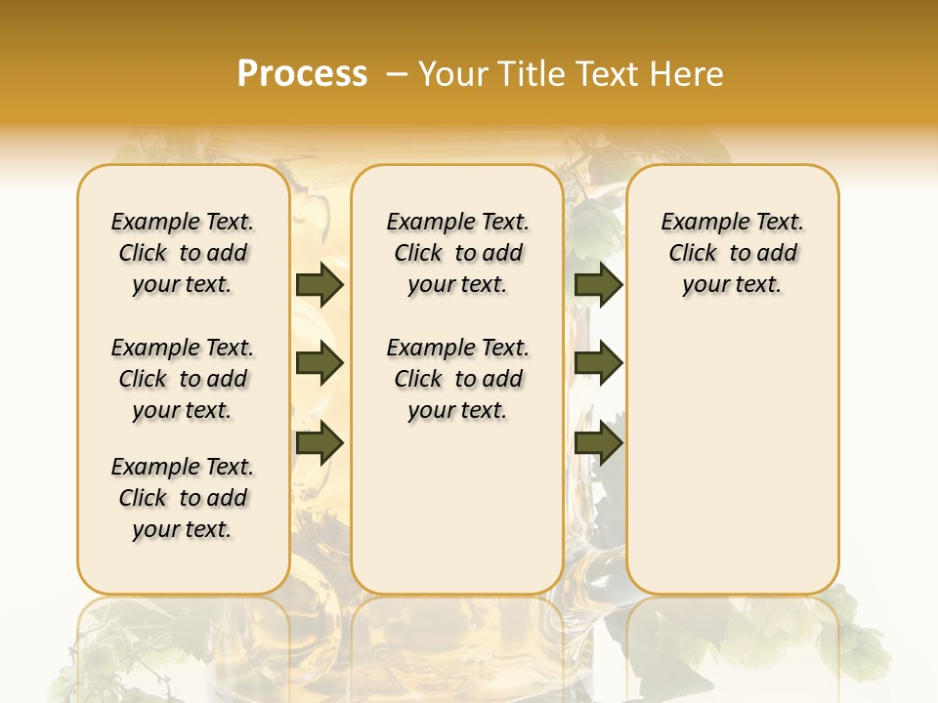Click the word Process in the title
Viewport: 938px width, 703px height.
[302, 74]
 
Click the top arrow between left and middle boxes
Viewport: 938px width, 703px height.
[320, 284]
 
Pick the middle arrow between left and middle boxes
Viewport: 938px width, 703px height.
[320, 364]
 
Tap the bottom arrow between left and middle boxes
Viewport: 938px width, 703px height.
[320, 442]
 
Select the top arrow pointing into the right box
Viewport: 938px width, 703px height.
[598, 284]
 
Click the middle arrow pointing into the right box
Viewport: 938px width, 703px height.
[598, 364]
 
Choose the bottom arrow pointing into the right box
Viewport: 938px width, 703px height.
[598, 442]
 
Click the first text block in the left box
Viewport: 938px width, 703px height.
[183, 253]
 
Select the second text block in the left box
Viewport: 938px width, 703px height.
[183, 379]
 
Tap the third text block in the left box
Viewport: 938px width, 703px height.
[183, 498]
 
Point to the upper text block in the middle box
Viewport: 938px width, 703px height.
[457, 253]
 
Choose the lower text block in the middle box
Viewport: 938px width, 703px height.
[457, 379]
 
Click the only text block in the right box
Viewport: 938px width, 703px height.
[733, 253]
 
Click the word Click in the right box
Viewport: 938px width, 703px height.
[693, 254]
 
